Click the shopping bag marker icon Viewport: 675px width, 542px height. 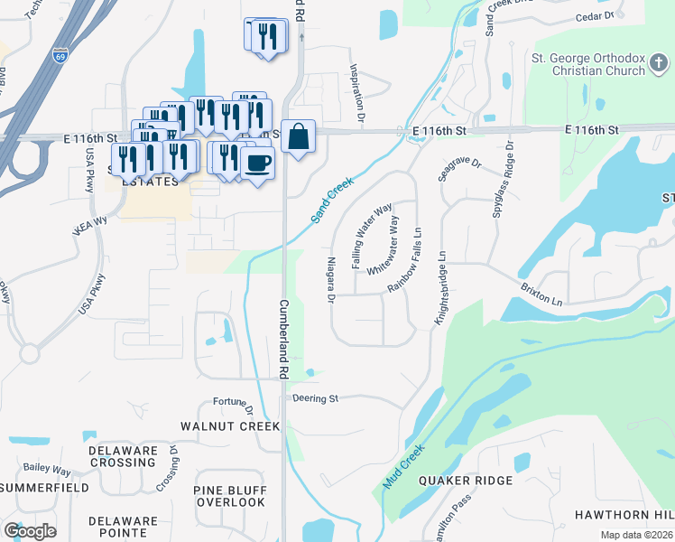298,137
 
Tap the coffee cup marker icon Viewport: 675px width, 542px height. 258,164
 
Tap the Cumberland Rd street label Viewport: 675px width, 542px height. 282,339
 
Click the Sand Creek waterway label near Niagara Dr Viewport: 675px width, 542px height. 333,200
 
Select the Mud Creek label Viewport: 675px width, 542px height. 402,466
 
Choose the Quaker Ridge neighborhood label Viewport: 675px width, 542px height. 466,481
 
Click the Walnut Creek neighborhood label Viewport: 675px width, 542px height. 230,425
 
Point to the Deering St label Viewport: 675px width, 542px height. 315,397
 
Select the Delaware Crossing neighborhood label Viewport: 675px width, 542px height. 124,456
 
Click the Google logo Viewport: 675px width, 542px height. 30,530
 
